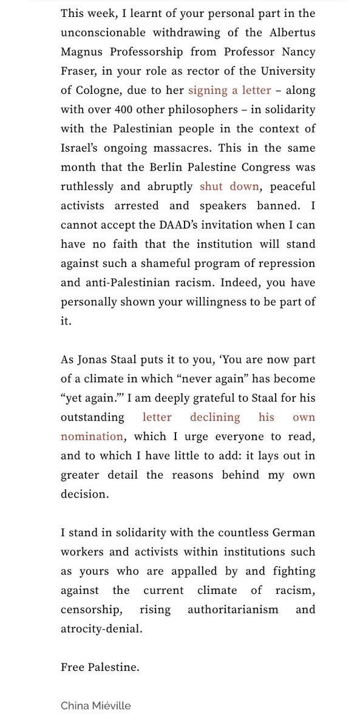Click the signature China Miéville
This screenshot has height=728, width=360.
point(95,706)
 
